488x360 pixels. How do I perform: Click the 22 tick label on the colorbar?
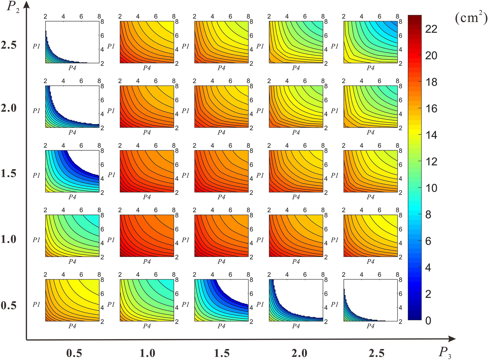point(431,29)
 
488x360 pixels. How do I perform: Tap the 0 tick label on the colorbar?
point(428,321)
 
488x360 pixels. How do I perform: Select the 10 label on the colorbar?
point(431,188)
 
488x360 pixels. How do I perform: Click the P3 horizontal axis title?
point(445,353)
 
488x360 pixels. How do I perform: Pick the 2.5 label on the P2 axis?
point(9,45)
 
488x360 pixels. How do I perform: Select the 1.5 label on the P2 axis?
point(9,173)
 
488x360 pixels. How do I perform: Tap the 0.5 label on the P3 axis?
point(74,353)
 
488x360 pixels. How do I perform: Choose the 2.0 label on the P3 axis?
point(299,353)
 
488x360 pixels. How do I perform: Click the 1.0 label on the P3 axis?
point(147,353)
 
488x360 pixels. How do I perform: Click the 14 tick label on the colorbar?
point(431,135)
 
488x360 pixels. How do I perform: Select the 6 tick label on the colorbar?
point(428,241)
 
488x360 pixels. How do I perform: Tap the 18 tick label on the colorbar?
point(431,82)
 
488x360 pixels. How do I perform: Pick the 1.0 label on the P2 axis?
point(9,239)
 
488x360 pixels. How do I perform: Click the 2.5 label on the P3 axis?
point(377,353)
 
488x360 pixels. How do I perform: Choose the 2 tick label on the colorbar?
point(428,294)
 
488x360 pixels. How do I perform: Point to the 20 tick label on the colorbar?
point(431,56)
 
